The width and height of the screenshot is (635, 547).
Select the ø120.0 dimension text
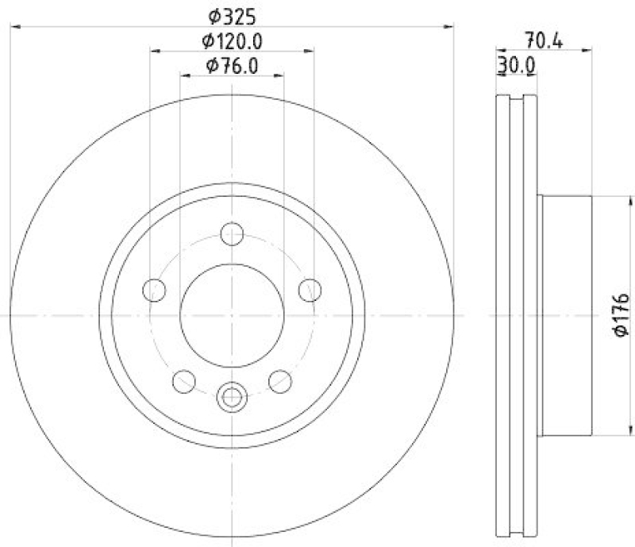click(232, 40)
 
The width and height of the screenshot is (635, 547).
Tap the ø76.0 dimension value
click(232, 66)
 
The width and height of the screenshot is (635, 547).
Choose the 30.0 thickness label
click(515, 66)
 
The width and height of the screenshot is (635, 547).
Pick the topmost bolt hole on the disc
click(232, 233)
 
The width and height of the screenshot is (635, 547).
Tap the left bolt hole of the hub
click(154, 291)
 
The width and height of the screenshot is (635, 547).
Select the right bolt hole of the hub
click(310, 291)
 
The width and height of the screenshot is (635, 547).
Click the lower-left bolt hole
click(183, 382)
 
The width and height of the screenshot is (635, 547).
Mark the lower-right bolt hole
click(280, 382)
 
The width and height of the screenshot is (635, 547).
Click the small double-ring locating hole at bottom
click(232, 396)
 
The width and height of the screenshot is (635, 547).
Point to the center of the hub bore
click(232, 315)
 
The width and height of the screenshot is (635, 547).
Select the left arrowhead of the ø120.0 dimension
click(156, 52)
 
